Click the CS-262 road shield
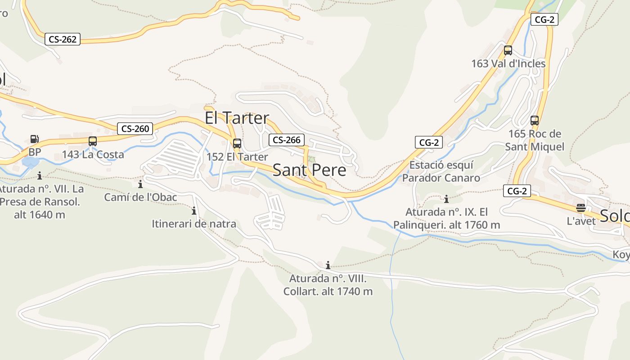63,39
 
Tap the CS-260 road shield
135,129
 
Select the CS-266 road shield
287,140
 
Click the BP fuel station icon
34,139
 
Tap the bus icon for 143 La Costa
93,141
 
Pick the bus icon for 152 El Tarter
237,144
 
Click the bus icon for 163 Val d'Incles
508,50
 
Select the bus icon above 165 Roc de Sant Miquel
535,121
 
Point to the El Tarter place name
237,118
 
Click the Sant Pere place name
310,170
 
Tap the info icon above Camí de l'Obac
140,184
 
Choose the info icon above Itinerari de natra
194,211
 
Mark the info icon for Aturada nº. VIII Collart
328,265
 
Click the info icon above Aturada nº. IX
446,199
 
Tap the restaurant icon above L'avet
581,208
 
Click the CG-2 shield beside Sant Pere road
429,143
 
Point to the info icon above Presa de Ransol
40,175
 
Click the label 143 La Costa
93,154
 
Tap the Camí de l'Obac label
140,197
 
